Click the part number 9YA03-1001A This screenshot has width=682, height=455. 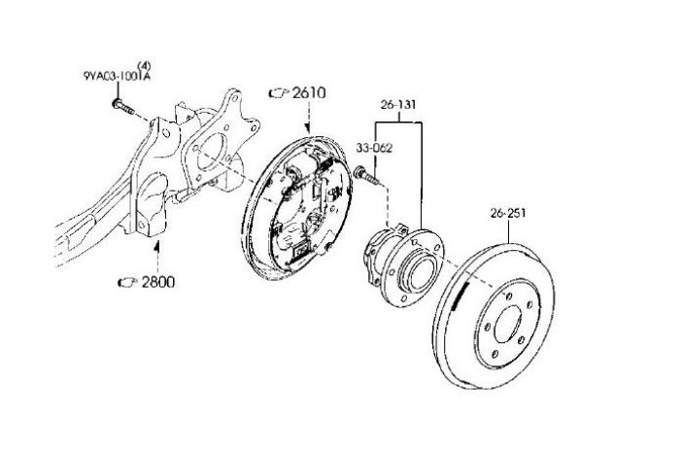pos(116,74)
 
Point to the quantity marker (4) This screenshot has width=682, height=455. pos(144,63)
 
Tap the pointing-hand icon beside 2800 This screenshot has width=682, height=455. pos(126,283)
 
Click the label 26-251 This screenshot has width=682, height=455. pos(506,213)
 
